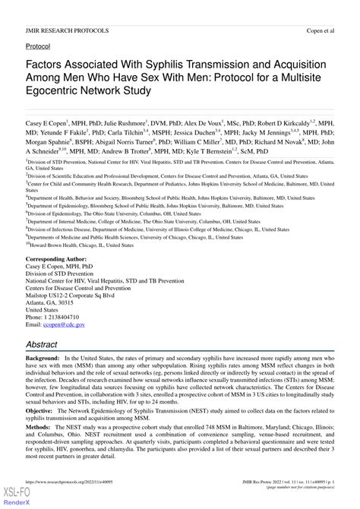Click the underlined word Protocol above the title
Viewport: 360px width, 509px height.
pyautogui.click(x=39, y=46)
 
